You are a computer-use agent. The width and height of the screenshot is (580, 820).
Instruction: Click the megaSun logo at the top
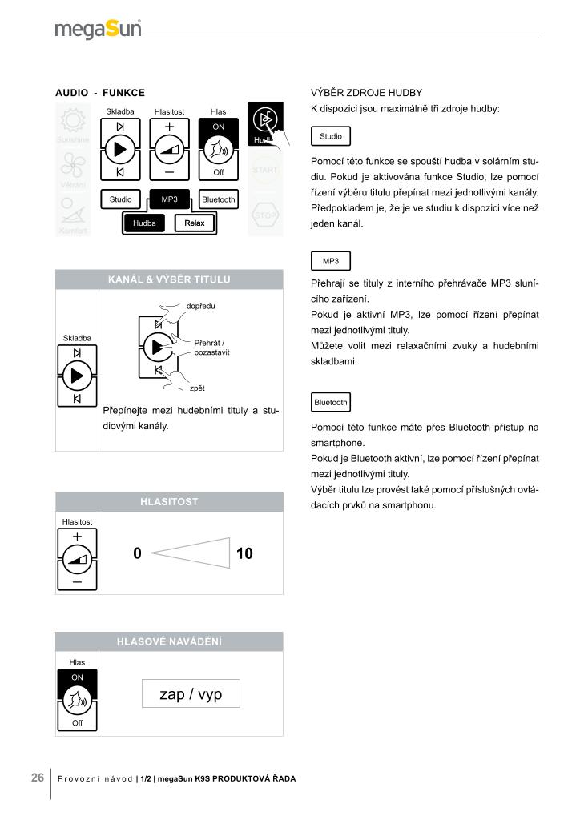coord(98,30)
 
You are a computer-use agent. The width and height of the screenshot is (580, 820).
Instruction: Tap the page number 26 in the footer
coord(38,778)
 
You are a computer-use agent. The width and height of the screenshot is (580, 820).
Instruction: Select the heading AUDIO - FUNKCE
coord(100,94)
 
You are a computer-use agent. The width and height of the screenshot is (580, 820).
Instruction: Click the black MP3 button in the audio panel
coord(170,199)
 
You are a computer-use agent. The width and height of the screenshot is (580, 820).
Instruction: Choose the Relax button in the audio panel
coord(195,223)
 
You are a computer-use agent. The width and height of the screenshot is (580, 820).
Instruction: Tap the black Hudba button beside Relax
coord(145,223)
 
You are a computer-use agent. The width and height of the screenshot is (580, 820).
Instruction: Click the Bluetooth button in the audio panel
coord(219,199)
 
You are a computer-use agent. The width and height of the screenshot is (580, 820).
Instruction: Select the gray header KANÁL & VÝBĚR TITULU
coord(169,279)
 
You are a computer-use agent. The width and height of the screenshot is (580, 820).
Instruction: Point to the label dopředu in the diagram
coord(200,306)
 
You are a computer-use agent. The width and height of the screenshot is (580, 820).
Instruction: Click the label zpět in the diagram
coord(197,388)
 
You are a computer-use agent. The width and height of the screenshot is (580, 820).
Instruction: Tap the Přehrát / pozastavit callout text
coord(211,348)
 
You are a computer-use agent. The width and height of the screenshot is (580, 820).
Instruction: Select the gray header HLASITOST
coord(169,502)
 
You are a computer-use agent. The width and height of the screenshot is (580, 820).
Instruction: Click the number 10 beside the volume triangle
coord(244,553)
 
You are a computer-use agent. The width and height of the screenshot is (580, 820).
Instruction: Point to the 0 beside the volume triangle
coord(138,553)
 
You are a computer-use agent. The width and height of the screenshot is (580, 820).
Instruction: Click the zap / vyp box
coord(191,694)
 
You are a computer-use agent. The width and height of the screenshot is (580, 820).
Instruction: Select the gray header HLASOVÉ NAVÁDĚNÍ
coord(169,641)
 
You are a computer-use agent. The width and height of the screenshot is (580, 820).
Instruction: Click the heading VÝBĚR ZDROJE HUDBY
coord(366,93)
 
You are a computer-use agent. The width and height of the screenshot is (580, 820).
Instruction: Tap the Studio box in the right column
coord(331,136)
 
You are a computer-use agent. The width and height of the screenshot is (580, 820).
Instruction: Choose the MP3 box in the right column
coord(331,261)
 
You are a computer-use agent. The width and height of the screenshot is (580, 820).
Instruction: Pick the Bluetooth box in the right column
coord(331,402)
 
